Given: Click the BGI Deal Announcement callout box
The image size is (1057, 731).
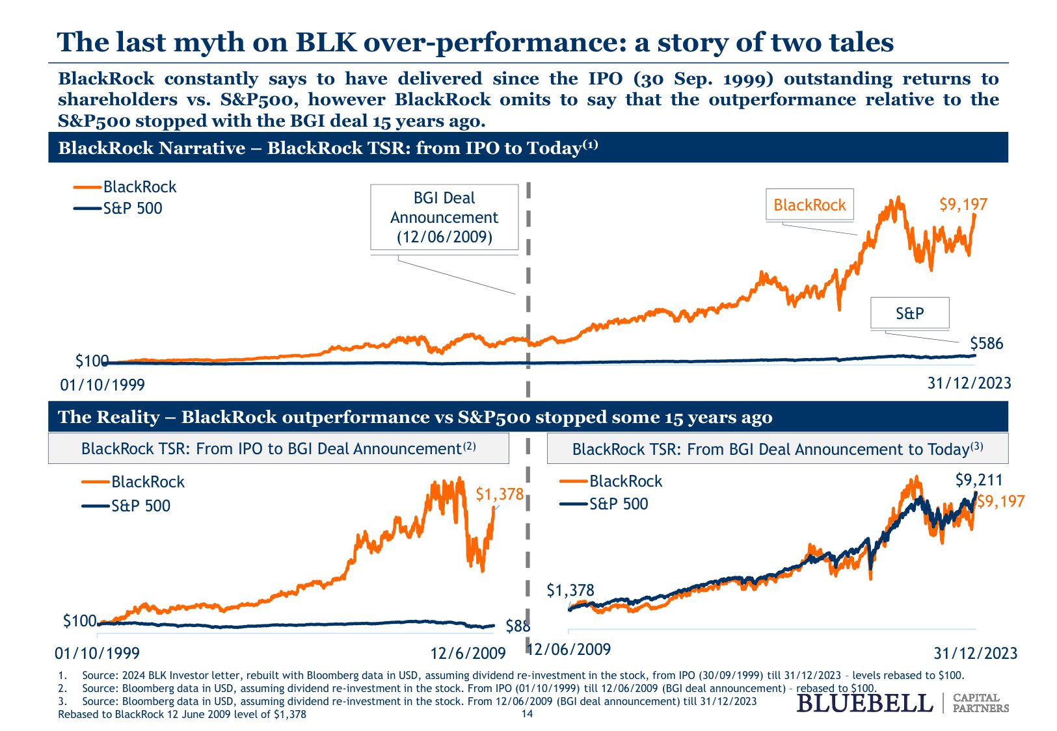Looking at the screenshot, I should click(444, 217).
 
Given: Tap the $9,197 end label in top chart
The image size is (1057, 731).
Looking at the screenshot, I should click(963, 205).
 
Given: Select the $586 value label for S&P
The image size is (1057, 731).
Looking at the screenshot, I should click(986, 343).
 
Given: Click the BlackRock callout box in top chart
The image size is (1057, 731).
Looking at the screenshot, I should click(809, 205).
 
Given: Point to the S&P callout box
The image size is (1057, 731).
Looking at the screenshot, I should click(909, 313).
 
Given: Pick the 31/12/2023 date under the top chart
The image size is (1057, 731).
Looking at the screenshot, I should click(969, 383).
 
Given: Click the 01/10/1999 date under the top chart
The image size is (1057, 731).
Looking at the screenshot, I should click(102, 385).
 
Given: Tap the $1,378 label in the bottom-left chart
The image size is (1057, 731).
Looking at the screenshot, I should click(499, 494).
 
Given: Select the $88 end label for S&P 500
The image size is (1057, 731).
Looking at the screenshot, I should click(518, 626).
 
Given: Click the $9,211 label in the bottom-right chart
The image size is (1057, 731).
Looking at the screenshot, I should click(978, 481).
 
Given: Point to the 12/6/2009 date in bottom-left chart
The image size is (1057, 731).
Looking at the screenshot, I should click(468, 653).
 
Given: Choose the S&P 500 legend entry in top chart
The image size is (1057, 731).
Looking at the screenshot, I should click(132, 209).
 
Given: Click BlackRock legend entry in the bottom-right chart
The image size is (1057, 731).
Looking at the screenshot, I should click(625, 481).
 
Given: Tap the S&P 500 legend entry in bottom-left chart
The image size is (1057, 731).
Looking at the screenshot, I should click(140, 506).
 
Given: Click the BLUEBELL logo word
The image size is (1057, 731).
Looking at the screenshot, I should click(864, 703).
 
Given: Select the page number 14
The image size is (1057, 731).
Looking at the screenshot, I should click(527, 714).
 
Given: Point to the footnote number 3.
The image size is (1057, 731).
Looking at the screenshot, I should click(62, 701).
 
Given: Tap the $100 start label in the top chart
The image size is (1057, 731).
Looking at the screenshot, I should click(92, 361).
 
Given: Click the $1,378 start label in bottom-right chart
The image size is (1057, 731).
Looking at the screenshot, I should click(570, 591).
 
